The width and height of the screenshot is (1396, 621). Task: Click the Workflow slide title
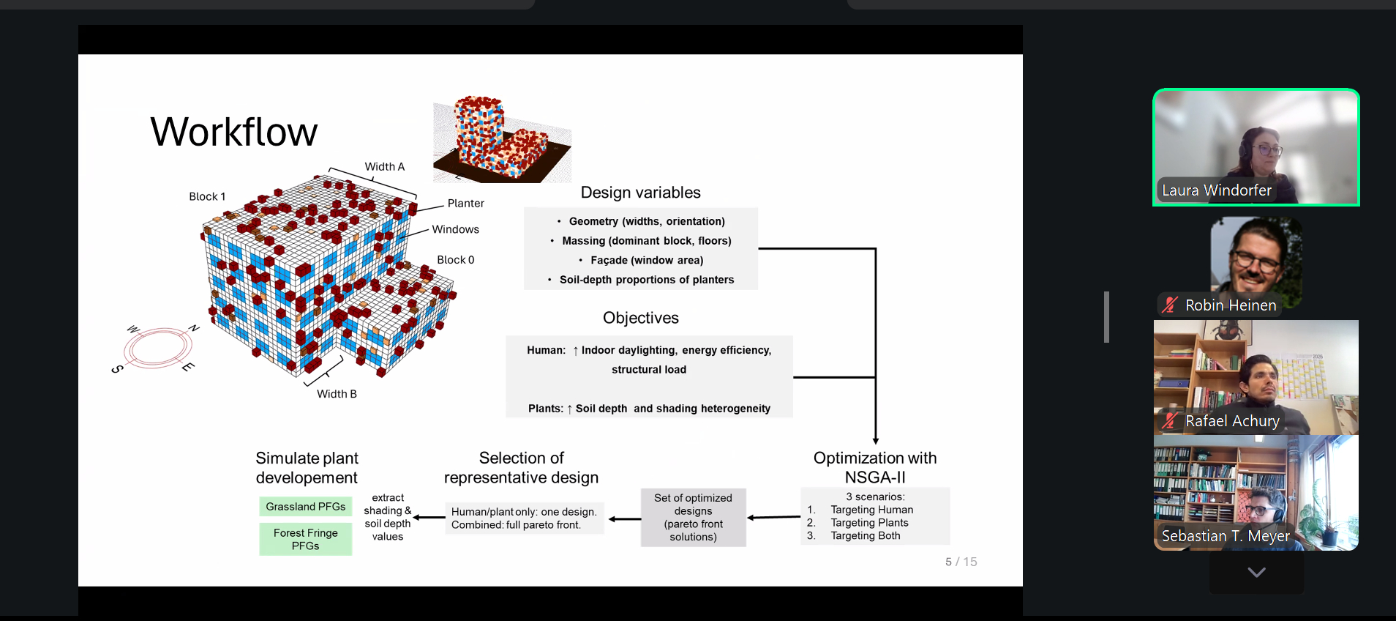[234, 132]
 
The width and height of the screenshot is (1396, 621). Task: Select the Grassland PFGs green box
[306, 507]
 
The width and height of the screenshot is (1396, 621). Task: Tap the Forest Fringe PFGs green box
[306, 539]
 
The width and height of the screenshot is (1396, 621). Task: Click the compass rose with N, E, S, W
[157, 347]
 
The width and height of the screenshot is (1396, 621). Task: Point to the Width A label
[385, 167]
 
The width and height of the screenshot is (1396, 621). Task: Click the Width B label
[337, 394]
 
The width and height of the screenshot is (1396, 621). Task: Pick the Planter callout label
[465, 204]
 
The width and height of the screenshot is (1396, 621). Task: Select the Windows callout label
[455, 229]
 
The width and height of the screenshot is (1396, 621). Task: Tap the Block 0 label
[455, 260]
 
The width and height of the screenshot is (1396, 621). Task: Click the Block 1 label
[207, 196]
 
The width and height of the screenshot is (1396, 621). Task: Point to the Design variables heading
[640, 193]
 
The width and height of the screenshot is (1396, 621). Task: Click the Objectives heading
[640, 318]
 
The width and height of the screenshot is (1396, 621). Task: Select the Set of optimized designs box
[693, 517]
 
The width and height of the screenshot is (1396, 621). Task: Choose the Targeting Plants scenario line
[869, 523]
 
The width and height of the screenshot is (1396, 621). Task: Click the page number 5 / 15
[961, 562]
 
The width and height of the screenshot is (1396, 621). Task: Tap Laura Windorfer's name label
[1216, 190]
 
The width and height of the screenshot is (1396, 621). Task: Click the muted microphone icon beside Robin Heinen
[1170, 305]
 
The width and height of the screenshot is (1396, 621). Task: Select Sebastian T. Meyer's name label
[1226, 536]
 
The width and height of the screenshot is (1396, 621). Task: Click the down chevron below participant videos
[1256, 572]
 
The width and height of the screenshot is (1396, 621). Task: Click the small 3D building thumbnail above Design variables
[502, 139]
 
